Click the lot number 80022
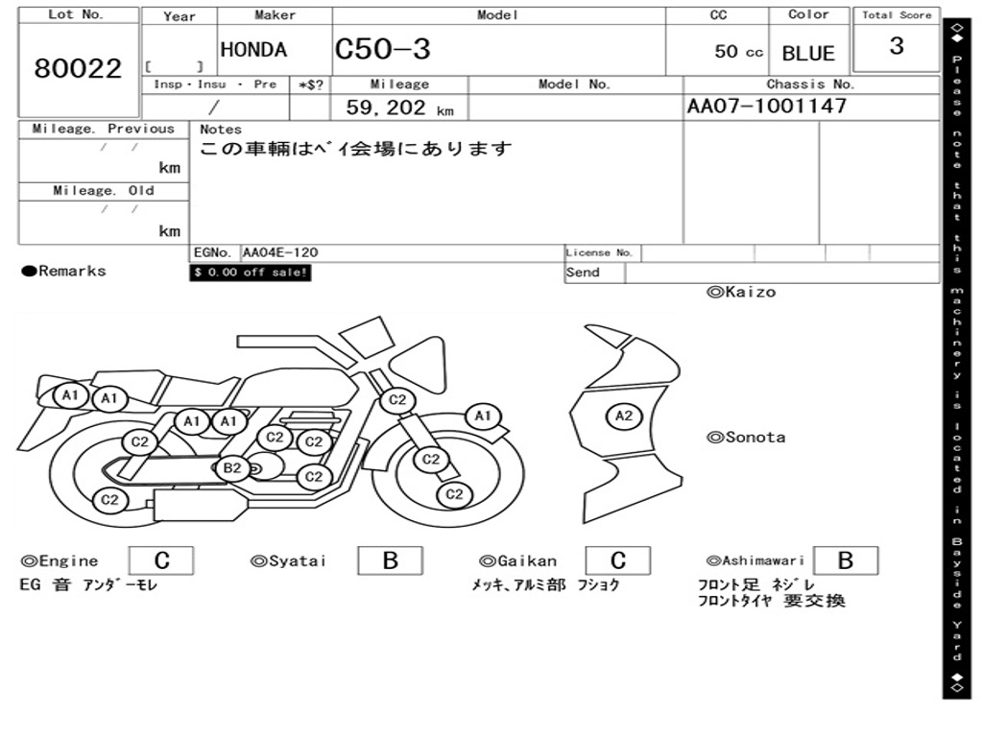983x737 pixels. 78,68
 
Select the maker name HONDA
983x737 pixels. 253,50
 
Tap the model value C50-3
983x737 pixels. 382,49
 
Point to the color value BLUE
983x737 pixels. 808,54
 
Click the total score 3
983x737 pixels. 897,46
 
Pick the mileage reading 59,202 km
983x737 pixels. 399,107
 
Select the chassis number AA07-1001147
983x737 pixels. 767,106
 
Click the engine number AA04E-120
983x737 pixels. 280,252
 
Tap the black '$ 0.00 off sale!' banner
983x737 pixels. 251,273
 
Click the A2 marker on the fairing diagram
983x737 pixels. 624,416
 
